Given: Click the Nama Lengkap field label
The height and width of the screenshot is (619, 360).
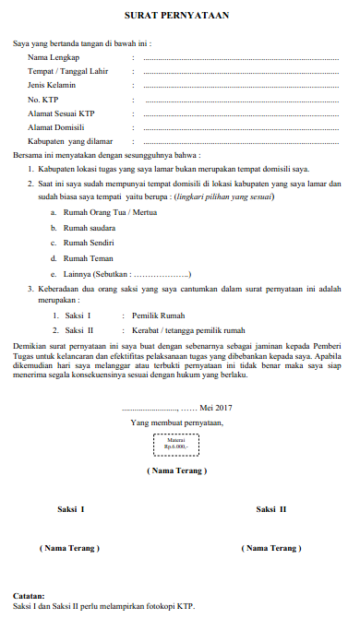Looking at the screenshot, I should point(52,57).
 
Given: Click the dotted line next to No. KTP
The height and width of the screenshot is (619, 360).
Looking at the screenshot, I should point(242,99).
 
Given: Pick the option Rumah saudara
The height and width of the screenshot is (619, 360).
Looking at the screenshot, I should point(89,228).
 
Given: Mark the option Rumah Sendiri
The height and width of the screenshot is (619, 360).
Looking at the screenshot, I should point(89,243).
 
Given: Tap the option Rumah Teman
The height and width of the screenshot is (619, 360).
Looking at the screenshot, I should point(88,258).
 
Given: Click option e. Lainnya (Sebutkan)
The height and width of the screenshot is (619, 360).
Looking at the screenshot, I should point(126,274).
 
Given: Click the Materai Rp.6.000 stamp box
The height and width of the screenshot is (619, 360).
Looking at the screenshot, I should point(175,446).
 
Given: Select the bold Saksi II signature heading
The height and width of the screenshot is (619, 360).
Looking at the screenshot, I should point(271,509).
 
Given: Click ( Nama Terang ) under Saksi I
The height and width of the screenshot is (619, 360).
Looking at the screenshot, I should point(70,549).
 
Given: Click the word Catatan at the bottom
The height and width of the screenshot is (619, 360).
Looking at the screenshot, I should point(31,597).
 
